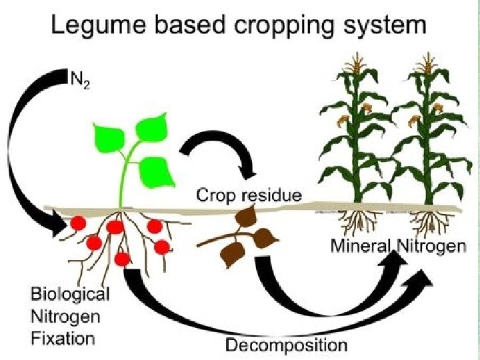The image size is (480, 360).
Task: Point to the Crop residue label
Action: pos(249,195)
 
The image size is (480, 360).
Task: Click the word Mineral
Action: pos(360,246)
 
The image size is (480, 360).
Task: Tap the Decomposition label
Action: pos(286,345)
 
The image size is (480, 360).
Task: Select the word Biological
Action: pos(70,293)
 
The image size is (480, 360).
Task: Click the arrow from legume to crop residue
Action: pos(220,143)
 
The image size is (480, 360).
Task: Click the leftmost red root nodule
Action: pos(78,222)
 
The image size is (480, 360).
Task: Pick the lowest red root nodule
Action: pos(122,258)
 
